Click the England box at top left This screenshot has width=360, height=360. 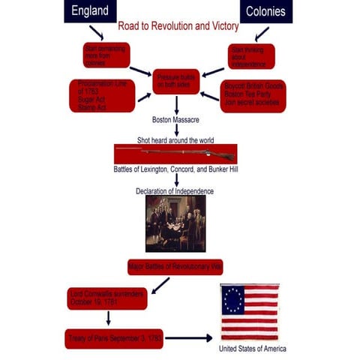[x=89, y=11]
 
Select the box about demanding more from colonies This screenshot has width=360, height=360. [x=106, y=55]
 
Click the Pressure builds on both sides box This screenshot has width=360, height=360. [x=176, y=81]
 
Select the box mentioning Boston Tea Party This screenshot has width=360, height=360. [x=253, y=96]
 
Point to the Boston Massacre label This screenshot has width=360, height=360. [x=174, y=120]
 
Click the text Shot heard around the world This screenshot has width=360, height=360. [x=175, y=140]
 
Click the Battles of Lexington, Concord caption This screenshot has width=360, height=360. [x=175, y=169]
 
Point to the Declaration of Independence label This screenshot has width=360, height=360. [x=175, y=191]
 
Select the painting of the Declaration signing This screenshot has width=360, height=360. [x=175, y=223]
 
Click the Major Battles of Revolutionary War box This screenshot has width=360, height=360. [x=175, y=266]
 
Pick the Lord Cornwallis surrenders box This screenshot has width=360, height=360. [x=106, y=298]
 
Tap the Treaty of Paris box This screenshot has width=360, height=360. [x=113, y=338]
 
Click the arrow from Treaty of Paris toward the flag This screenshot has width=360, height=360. [x=188, y=338]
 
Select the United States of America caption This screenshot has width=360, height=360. [x=252, y=349]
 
